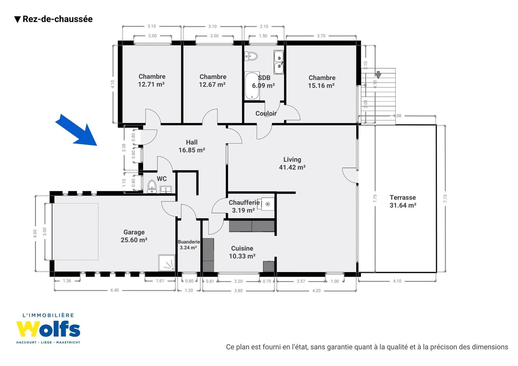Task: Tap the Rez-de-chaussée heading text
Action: click(58, 19)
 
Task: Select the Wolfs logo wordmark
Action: click(48, 329)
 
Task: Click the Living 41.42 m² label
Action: click(292, 163)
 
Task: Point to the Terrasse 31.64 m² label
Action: click(403, 201)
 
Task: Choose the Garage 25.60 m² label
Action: click(134, 236)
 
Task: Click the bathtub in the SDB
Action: click(252, 86)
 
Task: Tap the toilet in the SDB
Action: click(251, 56)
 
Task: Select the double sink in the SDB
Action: click(279, 62)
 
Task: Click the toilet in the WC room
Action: click(152, 187)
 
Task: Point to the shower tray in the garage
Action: click(166, 263)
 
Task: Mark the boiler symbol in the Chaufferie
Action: click(268, 204)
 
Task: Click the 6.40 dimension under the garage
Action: click(115, 290)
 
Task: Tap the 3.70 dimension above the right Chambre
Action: click(321, 36)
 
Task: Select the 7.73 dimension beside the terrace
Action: click(445, 199)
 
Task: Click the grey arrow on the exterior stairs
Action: click(378, 75)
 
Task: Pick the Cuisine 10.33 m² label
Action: click(242, 252)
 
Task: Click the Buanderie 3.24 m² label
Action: click(189, 245)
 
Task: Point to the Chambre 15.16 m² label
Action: click(322, 81)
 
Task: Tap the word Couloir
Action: click(266, 113)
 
